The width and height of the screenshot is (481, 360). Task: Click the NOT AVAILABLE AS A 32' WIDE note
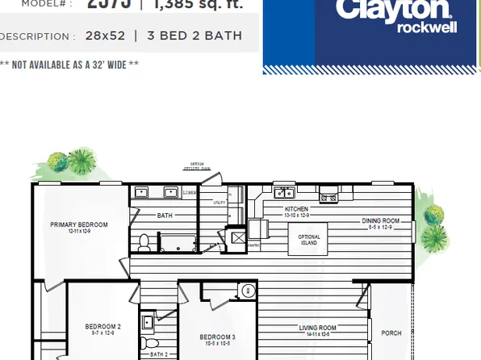pyautogui.click(x=69, y=65)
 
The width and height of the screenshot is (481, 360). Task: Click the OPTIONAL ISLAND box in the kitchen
pyautogui.click(x=308, y=240)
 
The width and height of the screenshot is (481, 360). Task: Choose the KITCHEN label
pyautogui.click(x=297, y=210)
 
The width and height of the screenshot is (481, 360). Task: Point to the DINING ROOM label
pyautogui.click(x=379, y=221)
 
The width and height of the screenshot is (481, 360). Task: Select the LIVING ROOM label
pyautogui.click(x=317, y=328)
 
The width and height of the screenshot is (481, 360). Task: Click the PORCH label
pyautogui.click(x=391, y=333)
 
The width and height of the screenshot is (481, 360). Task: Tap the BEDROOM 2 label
pyautogui.click(x=103, y=327)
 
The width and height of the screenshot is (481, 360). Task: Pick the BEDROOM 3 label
pyautogui.click(x=218, y=337)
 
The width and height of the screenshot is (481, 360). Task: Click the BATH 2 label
pyautogui.click(x=159, y=354)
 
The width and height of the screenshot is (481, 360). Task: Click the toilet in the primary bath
pyautogui.click(x=144, y=241)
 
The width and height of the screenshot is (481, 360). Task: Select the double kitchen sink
pyautogui.click(x=284, y=193)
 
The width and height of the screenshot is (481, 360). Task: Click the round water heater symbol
pyautogui.click(x=249, y=291)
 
